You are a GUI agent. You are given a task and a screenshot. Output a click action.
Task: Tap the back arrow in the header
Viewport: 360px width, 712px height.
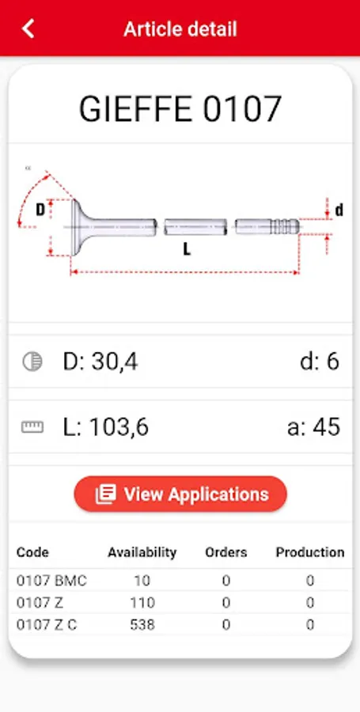[28, 28]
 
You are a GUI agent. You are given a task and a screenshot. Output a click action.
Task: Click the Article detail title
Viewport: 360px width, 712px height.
[180, 29]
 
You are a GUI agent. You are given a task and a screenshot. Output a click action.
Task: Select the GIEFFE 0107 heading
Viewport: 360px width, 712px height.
[180, 109]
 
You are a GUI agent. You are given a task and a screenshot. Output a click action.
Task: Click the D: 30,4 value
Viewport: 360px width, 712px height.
[100, 362]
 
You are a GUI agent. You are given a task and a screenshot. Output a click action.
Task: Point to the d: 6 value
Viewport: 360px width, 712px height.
[320, 362]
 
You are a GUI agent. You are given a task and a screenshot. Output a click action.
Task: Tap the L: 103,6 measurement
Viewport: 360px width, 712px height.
[105, 427]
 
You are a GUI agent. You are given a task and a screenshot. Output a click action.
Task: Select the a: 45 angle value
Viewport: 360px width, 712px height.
[313, 427]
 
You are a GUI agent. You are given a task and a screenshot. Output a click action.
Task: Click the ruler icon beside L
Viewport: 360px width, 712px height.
[32, 427]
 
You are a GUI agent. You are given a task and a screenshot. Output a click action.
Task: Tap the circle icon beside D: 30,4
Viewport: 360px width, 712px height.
[32, 362]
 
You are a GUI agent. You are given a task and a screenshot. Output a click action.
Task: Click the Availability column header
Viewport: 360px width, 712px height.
[142, 552]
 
